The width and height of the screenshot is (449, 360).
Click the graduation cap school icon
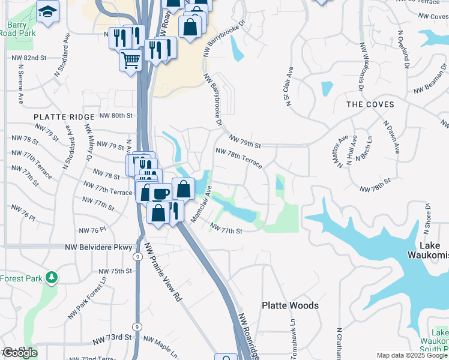click(x=46, y=11)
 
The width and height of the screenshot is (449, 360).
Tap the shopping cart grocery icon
click(x=130, y=60)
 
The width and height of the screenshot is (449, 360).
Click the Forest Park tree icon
click(x=52, y=277)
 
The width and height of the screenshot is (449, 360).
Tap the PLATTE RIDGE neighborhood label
click(x=64, y=117)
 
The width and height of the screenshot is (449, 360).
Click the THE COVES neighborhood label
click(x=370, y=104)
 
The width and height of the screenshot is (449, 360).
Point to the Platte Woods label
click(x=290, y=305)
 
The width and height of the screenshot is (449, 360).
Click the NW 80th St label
click(x=115, y=115)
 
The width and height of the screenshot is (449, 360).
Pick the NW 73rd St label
click(x=112, y=337)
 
